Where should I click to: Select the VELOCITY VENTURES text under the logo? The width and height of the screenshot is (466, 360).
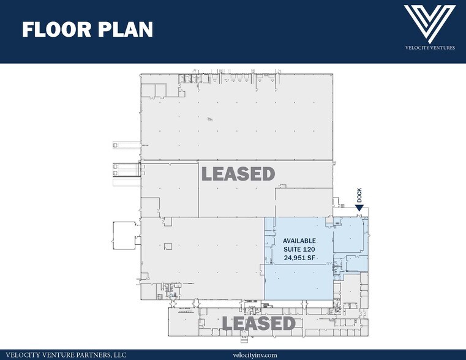pyautogui.click(x=429, y=47)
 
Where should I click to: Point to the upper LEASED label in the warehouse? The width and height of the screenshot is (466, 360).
pyautogui.click(x=238, y=174)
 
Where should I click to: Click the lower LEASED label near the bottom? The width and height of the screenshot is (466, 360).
pyautogui.click(x=259, y=323)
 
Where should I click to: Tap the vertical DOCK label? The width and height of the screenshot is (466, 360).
pyautogui.click(x=360, y=196)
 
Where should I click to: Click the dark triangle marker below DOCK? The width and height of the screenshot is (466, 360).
pyautogui.click(x=359, y=209)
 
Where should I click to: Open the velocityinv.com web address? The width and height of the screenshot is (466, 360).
pyautogui.click(x=255, y=354)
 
